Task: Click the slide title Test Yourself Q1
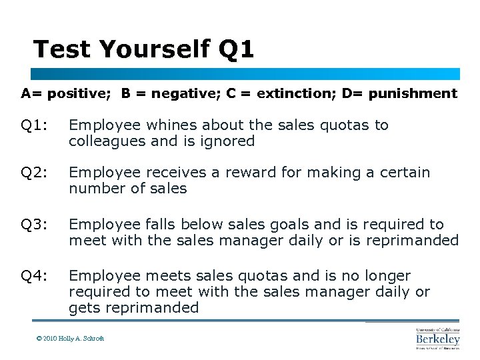(x=143, y=49)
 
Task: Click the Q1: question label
(x=34, y=125)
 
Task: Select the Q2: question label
(x=34, y=173)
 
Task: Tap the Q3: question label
(x=34, y=225)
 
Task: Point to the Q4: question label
(x=34, y=276)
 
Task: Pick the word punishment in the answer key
(x=415, y=93)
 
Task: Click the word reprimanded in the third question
(x=418, y=241)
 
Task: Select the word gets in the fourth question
(x=83, y=308)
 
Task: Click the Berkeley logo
(x=437, y=339)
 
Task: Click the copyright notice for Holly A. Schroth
(x=71, y=339)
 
